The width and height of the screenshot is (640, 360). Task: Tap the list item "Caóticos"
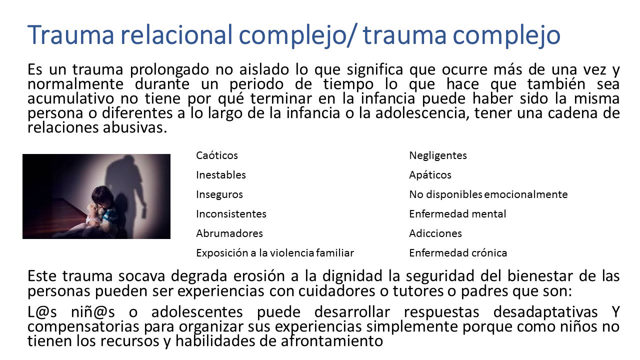click(217, 155)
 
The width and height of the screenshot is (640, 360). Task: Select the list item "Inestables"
click(221, 175)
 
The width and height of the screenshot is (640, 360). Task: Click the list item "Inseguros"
click(219, 194)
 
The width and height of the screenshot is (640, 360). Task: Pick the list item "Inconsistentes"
click(231, 214)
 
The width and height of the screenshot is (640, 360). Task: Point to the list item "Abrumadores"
click(229, 233)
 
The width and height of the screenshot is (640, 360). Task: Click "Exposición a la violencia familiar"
click(275, 253)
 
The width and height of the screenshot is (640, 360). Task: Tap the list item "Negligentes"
click(438, 155)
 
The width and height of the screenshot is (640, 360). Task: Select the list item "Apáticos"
click(430, 175)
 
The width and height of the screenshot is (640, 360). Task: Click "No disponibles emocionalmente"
click(488, 194)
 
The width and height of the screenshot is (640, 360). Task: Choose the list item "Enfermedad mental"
click(457, 214)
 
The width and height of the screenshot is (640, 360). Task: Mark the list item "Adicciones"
click(435, 233)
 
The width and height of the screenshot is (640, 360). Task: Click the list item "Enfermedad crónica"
click(458, 253)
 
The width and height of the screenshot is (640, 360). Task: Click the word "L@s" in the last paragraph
click(42, 312)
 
